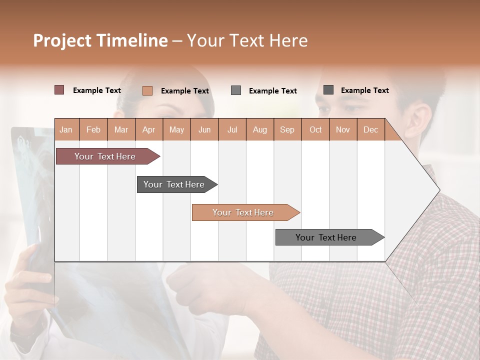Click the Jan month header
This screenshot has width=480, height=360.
(x=66, y=129)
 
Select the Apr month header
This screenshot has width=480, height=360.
(x=149, y=129)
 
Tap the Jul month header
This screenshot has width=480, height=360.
(x=232, y=129)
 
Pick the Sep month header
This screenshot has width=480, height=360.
(x=287, y=129)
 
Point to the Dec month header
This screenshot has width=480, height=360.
(x=370, y=129)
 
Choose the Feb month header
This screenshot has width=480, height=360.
(x=93, y=129)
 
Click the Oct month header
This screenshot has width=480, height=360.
(x=315, y=129)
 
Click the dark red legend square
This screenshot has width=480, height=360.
(x=59, y=90)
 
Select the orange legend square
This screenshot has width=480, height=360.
(x=147, y=90)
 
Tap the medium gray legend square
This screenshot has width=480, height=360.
(x=236, y=90)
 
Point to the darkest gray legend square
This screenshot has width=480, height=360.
(x=328, y=90)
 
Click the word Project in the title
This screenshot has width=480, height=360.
(x=62, y=40)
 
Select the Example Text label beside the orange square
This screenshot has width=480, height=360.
(x=184, y=91)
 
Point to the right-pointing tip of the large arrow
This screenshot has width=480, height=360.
(x=438, y=190)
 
